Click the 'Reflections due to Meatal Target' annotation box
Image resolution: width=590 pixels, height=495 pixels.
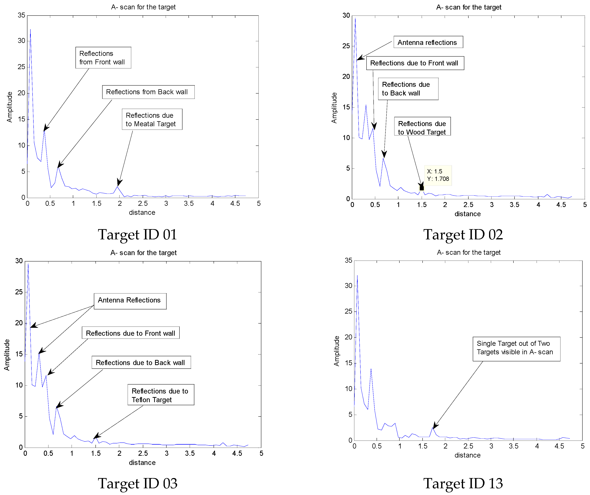[x=152, y=119]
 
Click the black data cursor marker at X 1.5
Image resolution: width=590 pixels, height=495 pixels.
[x=422, y=188]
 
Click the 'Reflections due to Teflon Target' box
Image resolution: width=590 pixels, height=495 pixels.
[x=161, y=395]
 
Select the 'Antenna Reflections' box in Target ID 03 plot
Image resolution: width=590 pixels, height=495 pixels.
[x=130, y=301]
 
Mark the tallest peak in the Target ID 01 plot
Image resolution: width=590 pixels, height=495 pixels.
[x=30, y=30]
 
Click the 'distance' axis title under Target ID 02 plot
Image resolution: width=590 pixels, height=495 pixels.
[x=467, y=214]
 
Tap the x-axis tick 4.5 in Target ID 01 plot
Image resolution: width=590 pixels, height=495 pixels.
[x=235, y=204]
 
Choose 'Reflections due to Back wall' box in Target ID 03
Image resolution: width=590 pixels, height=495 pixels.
[x=141, y=362]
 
